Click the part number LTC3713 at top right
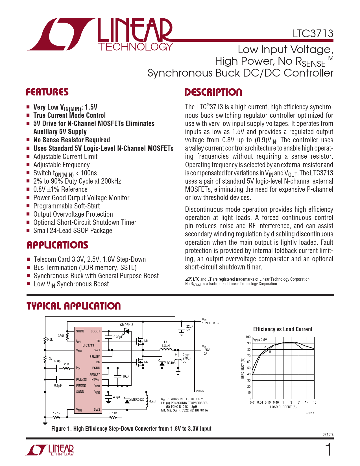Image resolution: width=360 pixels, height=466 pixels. click(313, 34)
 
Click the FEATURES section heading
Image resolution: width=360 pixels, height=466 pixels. click(47, 92)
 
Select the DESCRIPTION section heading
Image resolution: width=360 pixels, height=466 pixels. click(213, 92)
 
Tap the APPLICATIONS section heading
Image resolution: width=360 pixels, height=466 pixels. click(57, 245)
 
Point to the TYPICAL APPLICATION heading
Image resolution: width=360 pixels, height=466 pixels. click(73, 306)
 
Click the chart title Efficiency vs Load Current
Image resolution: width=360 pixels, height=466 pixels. click(283, 329)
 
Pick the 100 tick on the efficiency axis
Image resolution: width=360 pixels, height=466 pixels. click(248, 337)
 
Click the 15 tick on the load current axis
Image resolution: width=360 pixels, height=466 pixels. click(315, 402)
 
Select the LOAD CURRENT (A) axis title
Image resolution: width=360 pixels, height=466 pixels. click(283, 407)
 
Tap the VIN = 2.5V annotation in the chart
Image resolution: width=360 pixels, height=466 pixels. click(260, 340)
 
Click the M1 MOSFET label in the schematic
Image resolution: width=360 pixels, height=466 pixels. click(146, 341)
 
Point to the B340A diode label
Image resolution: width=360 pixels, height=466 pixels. click(171, 363)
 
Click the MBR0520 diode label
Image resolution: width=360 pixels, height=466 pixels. click(138, 400)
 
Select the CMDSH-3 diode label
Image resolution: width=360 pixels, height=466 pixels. click(126, 325)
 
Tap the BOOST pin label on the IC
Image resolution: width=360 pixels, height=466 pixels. click(95, 331)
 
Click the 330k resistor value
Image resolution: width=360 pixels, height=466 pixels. click(61, 336)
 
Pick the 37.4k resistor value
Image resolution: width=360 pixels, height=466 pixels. click(113, 413)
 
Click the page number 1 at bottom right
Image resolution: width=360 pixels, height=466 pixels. click(329, 450)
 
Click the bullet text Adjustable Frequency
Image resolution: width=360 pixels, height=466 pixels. click(62, 165)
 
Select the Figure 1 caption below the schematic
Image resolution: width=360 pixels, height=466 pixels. click(131, 429)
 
